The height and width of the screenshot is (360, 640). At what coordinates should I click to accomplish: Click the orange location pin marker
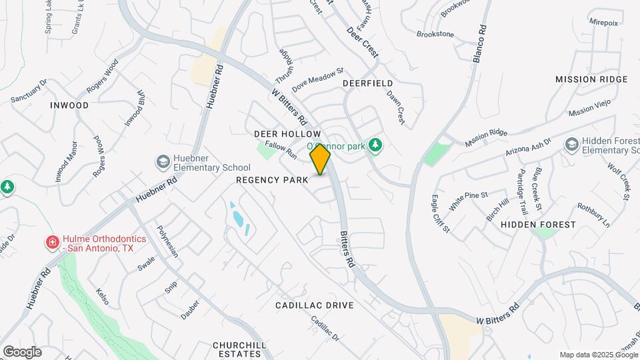click(321, 159)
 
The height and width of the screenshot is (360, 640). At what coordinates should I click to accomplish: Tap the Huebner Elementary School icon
click(163, 162)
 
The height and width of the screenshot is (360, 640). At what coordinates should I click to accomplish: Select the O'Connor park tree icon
click(375, 145)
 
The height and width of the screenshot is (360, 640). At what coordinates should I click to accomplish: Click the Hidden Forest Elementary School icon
click(571, 145)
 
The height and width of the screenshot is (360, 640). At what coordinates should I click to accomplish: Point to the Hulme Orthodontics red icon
click(51, 242)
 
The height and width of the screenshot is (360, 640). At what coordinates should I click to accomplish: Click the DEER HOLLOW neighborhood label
click(287, 134)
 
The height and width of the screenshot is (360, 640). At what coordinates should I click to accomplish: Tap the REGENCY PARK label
click(272, 180)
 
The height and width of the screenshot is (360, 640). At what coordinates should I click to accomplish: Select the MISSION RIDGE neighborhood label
click(591, 79)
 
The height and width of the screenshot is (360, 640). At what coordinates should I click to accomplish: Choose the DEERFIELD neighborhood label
click(365, 83)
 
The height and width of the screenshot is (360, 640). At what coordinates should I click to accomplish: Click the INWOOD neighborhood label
click(69, 105)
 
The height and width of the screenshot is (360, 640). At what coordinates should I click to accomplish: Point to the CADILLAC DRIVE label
click(315, 305)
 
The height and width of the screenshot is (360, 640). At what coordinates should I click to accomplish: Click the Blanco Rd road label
click(479, 45)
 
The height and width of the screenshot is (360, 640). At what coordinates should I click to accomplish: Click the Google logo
click(22, 351)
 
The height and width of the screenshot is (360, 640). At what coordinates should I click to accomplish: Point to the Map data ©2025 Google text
click(598, 355)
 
